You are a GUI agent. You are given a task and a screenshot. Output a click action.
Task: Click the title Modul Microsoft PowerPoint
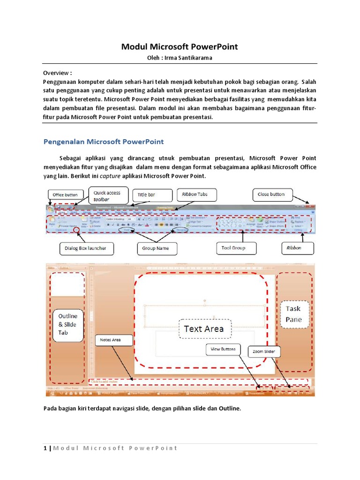[x=180, y=46]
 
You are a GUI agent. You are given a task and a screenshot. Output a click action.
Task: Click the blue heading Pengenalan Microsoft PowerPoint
[x=104, y=141]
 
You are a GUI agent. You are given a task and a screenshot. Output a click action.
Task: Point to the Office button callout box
[x=65, y=195]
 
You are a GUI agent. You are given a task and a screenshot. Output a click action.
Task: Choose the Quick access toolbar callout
[x=107, y=195]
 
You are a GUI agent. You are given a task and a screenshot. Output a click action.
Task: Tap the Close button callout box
[x=271, y=194]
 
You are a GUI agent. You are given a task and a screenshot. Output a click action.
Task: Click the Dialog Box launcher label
[x=86, y=248]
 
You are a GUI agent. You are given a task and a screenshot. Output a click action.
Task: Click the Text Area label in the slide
[x=204, y=329]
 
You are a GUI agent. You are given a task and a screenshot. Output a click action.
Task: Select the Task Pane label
[x=294, y=315]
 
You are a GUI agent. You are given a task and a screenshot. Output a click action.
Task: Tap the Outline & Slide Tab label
[x=68, y=324]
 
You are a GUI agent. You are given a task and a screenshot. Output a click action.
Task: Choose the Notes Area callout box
[x=110, y=340]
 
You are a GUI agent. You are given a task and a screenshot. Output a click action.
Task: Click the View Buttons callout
[x=222, y=349]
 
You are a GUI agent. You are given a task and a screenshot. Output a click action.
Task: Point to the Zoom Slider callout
[x=264, y=351]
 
